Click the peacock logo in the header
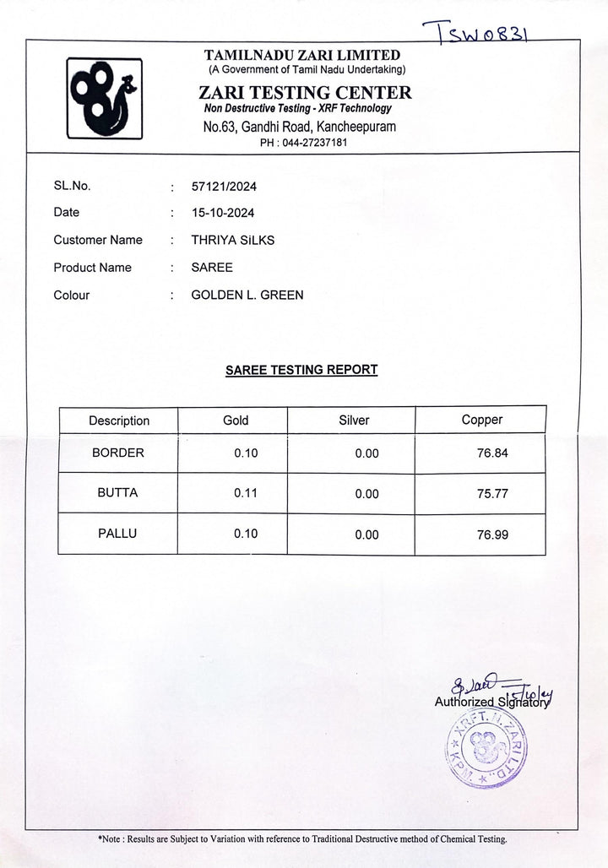tap(104, 97)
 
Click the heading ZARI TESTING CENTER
tap(305, 93)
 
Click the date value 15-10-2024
tap(223, 213)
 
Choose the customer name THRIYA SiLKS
tap(233, 240)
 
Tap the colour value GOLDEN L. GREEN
tap(247, 295)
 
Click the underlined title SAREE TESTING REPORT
tap(301, 369)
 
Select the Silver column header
tap(354, 420)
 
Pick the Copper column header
tap(481, 420)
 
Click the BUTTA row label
tap(117, 492)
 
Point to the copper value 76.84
tap(492, 453)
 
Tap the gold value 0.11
tap(246, 493)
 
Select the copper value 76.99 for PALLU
tap(492, 534)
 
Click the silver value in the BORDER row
tap(367, 453)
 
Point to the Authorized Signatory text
tap(491, 701)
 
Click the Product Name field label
tap(92, 268)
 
